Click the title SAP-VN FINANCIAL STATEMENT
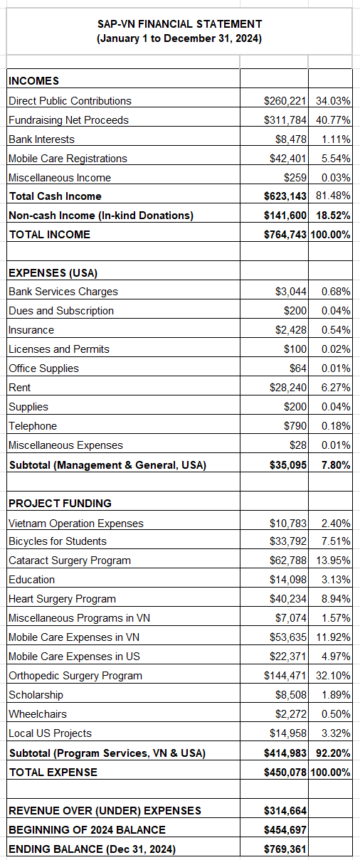pos(179,24)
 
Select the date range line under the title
pos(179,38)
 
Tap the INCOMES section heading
pos(33,81)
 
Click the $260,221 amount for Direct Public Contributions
pos(285,101)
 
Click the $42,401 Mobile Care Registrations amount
pos(287,159)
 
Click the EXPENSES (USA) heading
pos(53,272)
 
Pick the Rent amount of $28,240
pos(287,388)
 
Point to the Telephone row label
pos(33,426)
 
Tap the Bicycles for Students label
pos(58,541)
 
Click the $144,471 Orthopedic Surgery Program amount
pos(285,676)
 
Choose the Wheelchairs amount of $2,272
pos(290,714)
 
